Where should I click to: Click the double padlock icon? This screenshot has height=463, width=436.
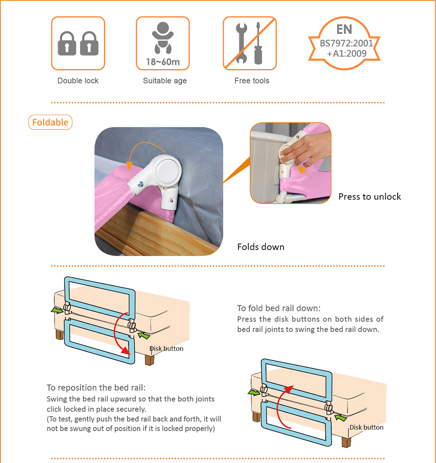coord(78,43)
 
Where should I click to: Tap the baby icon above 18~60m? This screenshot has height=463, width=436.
coord(163,38)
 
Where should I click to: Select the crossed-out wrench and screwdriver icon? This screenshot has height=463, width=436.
coord(250,43)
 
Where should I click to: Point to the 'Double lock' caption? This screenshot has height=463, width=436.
coord(78,81)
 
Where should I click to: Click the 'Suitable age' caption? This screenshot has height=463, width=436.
coord(165,81)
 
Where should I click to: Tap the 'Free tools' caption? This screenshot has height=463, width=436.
coord(252,81)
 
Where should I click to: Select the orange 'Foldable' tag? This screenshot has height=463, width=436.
coord(50,122)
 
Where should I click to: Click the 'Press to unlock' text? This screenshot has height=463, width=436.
coord(369,197)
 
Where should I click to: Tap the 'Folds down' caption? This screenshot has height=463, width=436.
coord(260,247)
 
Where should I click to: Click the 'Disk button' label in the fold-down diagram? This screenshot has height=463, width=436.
coord(167,349)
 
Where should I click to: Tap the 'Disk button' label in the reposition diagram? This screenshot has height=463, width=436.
coord(366,427)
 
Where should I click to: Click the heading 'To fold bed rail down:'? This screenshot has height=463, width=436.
coord(279,308)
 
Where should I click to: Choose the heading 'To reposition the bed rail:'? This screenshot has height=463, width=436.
coord(96,388)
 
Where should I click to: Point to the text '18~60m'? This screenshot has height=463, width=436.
coord(163,62)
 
